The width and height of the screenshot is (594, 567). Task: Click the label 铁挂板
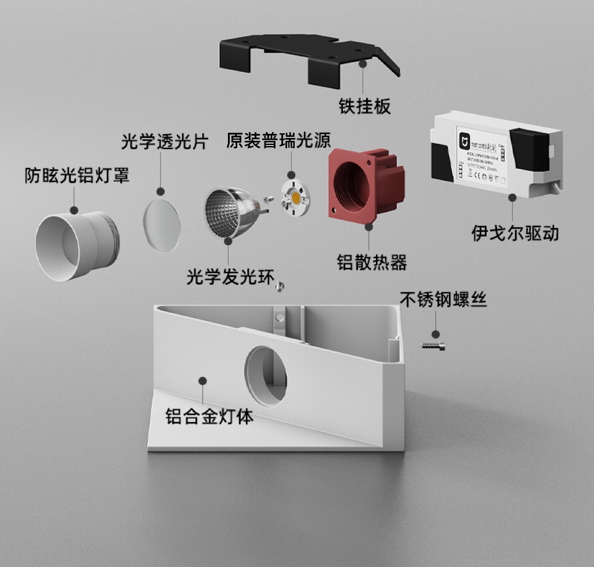point(364,106)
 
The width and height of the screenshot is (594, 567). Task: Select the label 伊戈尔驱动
point(515,233)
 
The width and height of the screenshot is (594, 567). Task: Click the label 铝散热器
point(372,262)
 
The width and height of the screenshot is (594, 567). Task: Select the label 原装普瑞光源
point(278,141)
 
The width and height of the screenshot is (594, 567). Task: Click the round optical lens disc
point(162,225)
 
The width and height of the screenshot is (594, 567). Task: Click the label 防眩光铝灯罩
point(77,175)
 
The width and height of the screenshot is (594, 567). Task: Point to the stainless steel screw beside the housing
point(433,346)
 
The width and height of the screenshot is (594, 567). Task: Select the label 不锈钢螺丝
point(443,299)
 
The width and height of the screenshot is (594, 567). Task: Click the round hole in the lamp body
point(266,375)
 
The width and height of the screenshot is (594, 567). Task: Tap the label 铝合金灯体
point(209,416)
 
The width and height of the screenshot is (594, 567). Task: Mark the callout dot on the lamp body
point(202,381)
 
